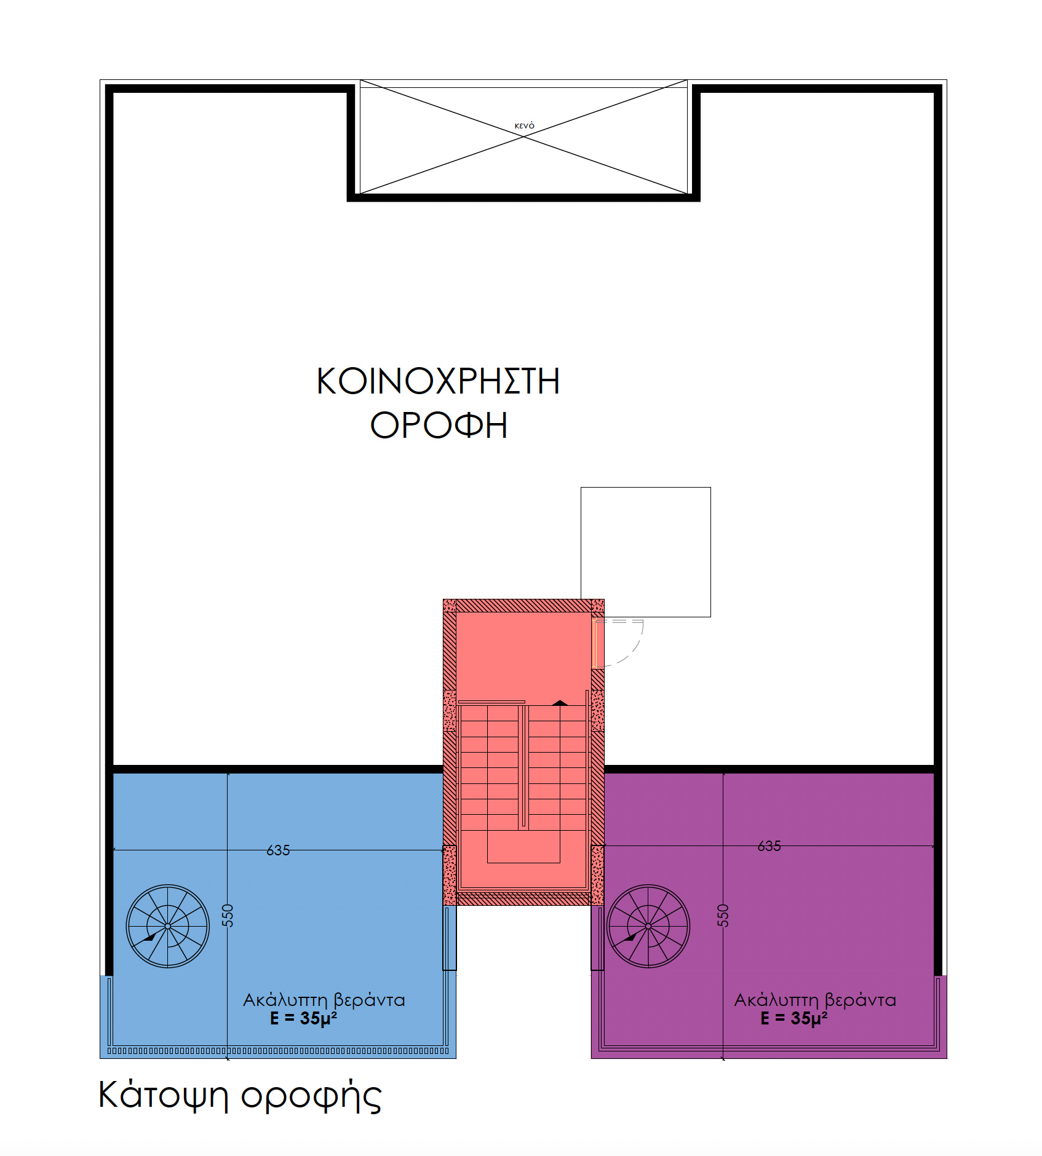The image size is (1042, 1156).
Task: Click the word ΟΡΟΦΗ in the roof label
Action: [439, 425]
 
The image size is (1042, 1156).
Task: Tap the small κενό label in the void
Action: [524, 126]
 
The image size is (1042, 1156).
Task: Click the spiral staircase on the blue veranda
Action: [167, 926]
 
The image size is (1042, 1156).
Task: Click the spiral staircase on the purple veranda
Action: [648, 926]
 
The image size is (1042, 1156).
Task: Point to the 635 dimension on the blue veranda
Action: [278, 850]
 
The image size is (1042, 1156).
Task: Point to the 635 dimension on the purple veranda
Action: [769, 846]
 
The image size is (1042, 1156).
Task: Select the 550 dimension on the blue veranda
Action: [228, 916]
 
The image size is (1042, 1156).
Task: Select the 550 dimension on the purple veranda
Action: [723, 916]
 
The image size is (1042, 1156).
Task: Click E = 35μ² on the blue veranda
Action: [303, 1018]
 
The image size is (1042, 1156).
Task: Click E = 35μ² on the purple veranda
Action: [793, 1018]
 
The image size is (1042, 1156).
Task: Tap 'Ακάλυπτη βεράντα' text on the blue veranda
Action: [324, 1000]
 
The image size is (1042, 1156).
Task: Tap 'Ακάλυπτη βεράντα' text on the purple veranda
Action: [815, 1000]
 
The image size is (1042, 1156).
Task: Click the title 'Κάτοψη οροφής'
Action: [240, 1096]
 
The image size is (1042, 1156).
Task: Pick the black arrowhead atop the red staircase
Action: [560, 703]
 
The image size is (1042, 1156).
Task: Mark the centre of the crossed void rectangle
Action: [523, 137]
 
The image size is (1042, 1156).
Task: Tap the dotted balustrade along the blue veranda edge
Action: [278, 1050]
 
